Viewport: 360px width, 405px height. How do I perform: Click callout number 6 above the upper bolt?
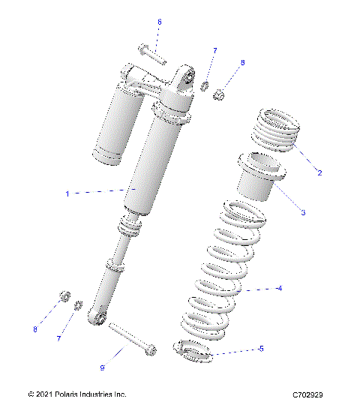pos(159,22)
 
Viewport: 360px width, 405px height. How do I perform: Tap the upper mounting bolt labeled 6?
pos(153,55)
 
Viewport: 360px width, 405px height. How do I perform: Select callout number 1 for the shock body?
pos(88,193)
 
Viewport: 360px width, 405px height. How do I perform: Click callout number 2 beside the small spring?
pos(319,172)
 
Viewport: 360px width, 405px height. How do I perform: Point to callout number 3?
pos(303,213)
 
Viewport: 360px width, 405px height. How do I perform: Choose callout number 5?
pos(260,349)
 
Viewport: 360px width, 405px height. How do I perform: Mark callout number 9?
pos(103,367)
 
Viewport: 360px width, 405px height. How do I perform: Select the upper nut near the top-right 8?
pos(220,94)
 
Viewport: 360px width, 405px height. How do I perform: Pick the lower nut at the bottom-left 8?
pos(65,294)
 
